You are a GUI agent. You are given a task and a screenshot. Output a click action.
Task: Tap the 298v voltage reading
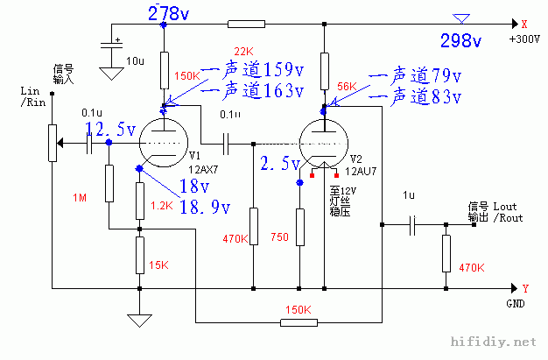coord(460,41)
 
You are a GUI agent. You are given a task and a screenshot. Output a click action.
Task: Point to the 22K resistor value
coord(243,50)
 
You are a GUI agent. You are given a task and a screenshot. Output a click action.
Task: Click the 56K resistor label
coord(347,86)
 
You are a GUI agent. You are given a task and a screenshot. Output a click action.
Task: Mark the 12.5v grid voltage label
coord(110,130)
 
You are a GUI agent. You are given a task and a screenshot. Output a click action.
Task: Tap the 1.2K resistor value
coord(163,206)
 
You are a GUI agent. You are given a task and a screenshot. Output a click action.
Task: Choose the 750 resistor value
coord(280,236)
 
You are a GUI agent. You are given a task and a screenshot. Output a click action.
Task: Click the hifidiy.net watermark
coord(491,342)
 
